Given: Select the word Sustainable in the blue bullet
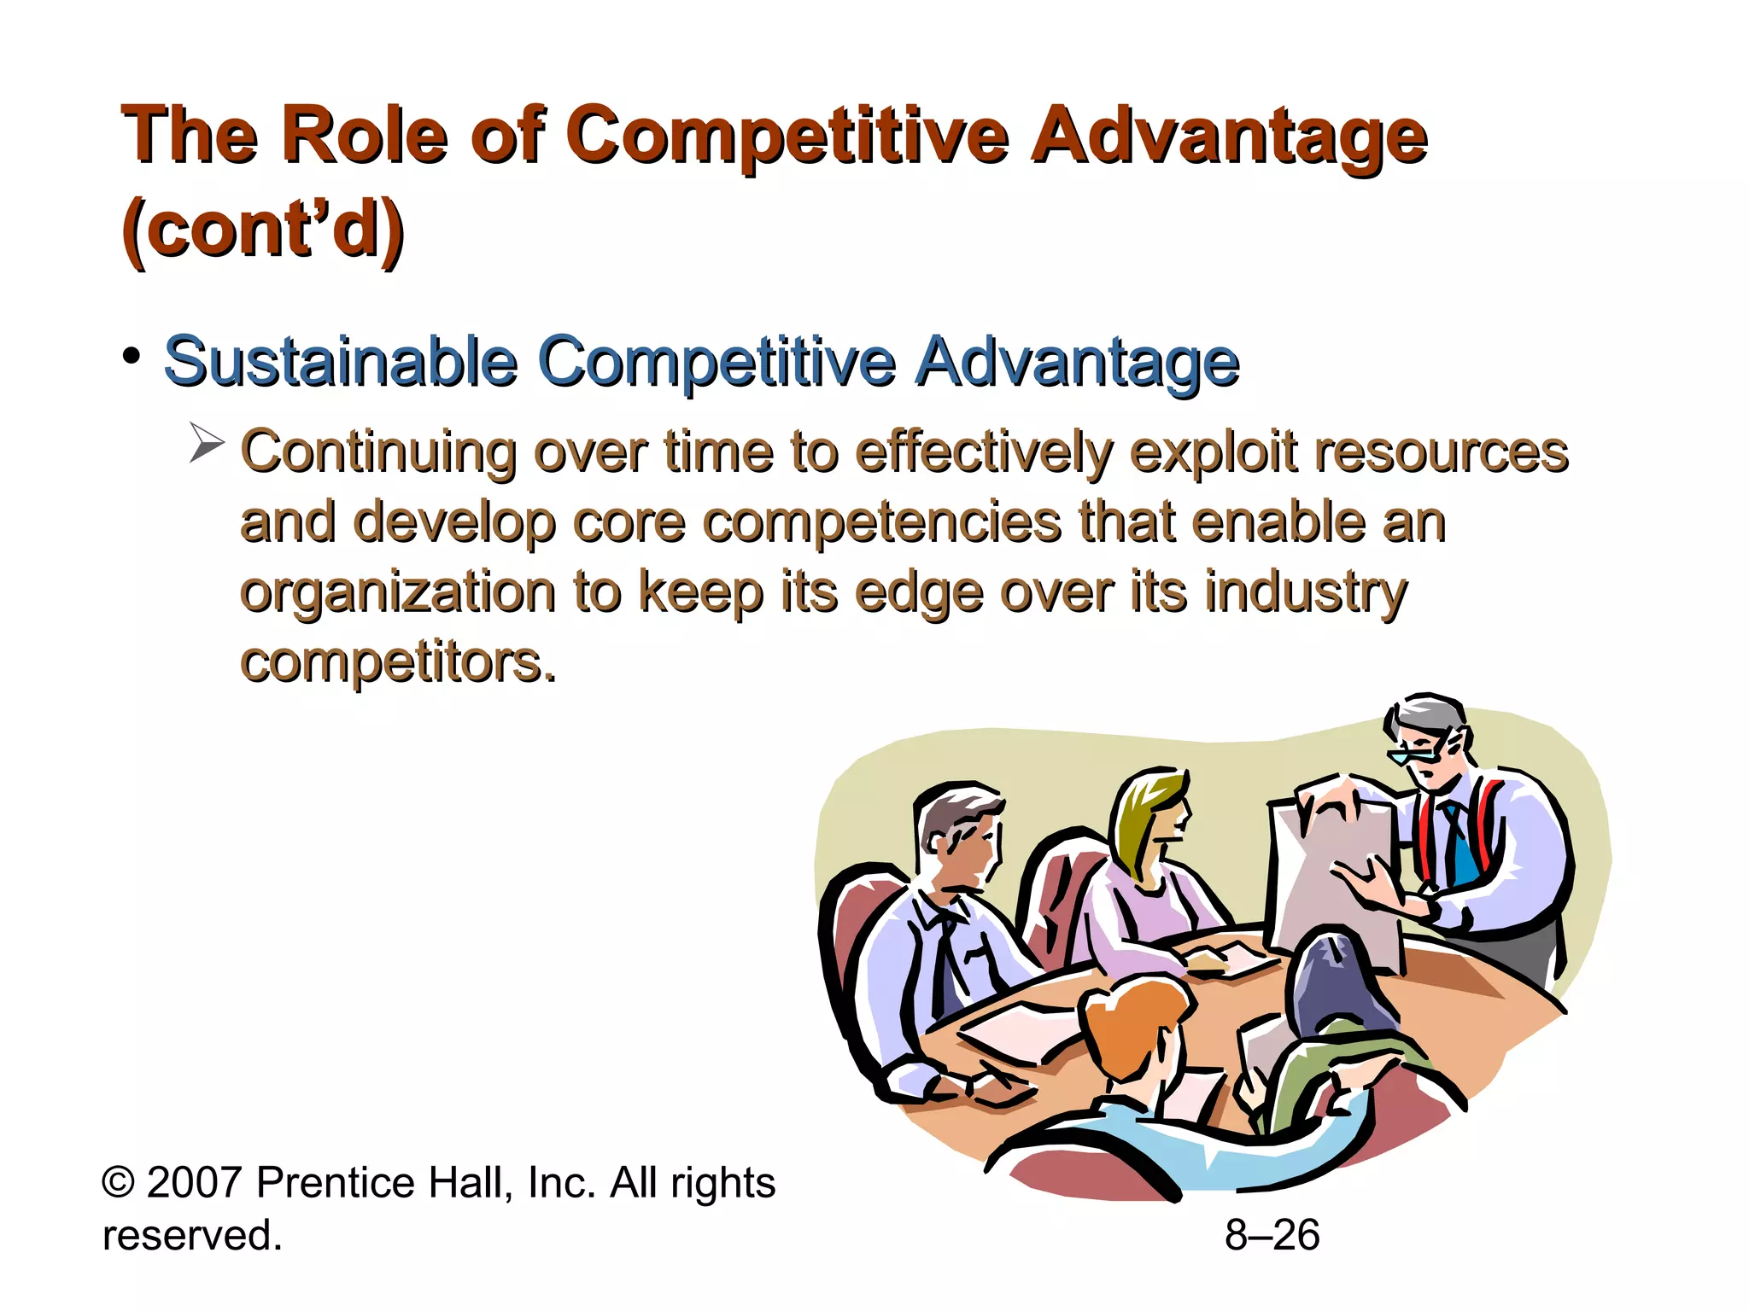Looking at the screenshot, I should pos(341,362).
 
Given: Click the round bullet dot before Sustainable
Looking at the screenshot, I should pos(131,355).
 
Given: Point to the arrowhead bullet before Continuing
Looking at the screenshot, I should pos(206,442).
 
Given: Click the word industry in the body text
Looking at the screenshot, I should pos(1306,592).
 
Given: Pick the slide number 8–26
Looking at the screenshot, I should pos(1272,1235).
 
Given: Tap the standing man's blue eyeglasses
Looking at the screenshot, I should pos(1411,755).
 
